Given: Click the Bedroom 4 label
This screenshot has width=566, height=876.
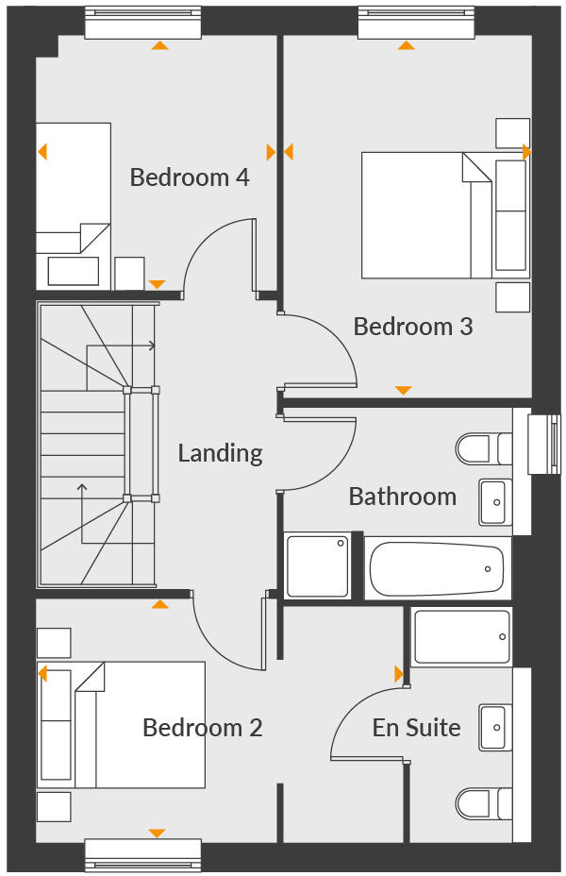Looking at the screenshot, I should [190, 177].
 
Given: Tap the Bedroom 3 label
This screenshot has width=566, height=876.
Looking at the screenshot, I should [413, 327].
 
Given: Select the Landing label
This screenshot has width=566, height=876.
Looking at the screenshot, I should [220, 453].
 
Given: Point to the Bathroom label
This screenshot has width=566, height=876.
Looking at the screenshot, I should [402, 497].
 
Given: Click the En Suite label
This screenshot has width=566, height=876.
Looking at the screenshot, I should [416, 728].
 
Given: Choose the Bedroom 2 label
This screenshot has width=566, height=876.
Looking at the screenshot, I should [202, 728].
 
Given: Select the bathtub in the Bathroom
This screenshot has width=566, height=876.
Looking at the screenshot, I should [436, 568].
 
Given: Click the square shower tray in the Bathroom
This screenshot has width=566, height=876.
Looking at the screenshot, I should [318, 565].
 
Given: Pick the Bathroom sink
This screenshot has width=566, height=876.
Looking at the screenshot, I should [495, 501].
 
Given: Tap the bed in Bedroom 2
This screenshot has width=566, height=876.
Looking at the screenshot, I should [123, 724].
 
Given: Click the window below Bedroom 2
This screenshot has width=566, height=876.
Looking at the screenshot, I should [142, 854].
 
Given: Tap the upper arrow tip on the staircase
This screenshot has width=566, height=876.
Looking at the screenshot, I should [154, 346].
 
